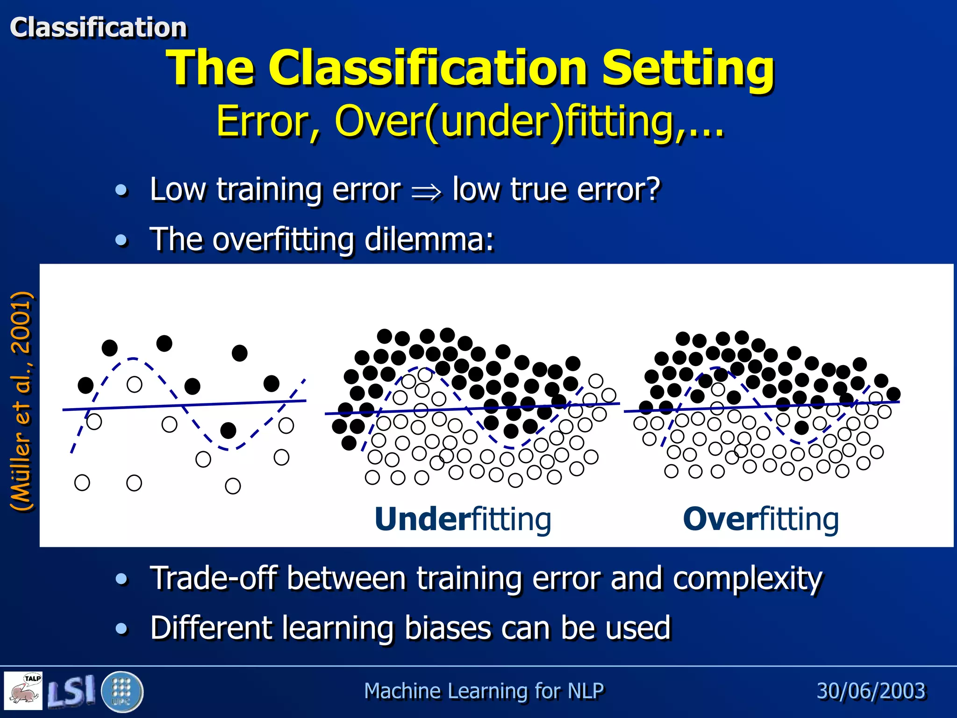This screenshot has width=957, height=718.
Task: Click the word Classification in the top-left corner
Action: [98, 27]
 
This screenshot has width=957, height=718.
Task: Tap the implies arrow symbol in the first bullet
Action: [426, 192]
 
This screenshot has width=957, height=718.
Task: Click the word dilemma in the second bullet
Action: [429, 239]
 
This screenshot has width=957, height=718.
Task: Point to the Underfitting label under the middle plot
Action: [463, 519]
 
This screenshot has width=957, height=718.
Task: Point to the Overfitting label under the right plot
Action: [761, 519]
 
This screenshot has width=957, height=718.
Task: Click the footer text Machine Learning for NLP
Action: [484, 691]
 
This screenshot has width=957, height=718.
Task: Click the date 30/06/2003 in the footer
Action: [871, 691]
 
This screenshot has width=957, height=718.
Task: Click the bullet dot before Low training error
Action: [121, 190]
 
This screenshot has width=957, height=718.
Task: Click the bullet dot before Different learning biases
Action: [121, 628]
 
